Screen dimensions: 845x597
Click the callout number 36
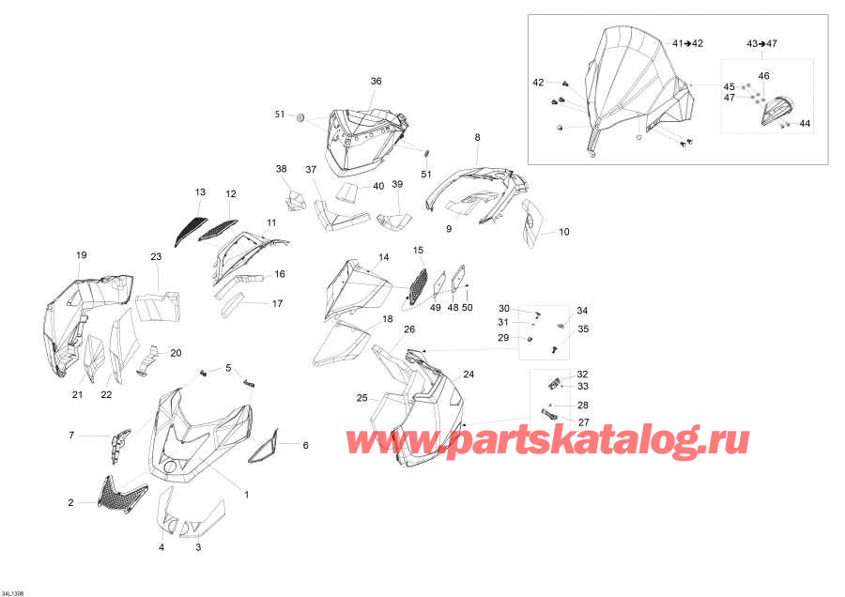[x=376, y=81]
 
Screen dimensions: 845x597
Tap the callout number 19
[x=82, y=255]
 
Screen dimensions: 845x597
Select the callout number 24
[x=469, y=374]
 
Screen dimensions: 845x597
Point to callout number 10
[x=563, y=232]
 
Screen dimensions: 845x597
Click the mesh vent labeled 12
[x=218, y=230]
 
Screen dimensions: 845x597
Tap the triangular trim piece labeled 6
[x=264, y=446]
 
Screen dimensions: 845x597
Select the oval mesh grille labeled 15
[x=418, y=286]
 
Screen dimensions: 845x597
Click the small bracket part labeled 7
[x=119, y=444]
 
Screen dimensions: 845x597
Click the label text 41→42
[x=687, y=43]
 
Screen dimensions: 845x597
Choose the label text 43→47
[x=761, y=43]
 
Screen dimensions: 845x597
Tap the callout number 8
[x=477, y=137]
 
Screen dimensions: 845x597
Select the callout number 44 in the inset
[x=805, y=123]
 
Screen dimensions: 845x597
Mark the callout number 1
[x=246, y=494]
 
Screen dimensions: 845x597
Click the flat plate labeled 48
[x=457, y=279]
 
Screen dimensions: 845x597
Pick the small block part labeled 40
[x=347, y=191]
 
